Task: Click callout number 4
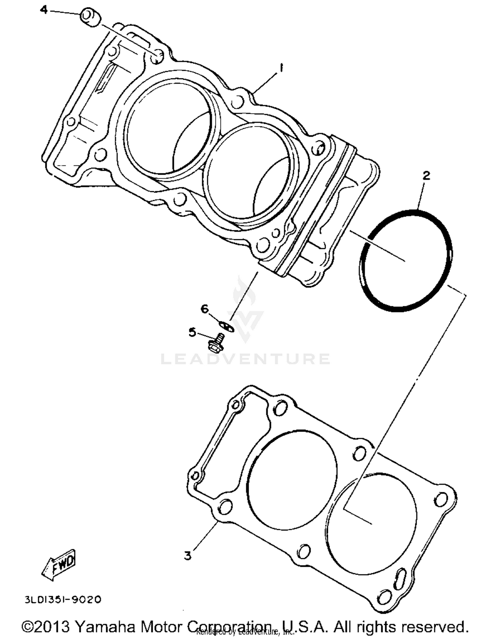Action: click(44, 10)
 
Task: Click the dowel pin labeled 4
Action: click(90, 18)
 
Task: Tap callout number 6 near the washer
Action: click(204, 309)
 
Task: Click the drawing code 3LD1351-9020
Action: click(63, 600)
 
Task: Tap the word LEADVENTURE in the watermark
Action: click(245, 359)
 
